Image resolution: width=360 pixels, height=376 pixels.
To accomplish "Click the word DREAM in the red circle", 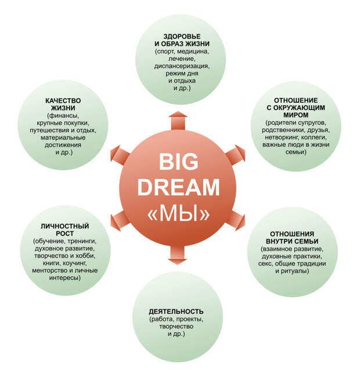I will (x=178, y=187).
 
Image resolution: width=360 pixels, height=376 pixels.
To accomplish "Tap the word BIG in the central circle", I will (x=178, y=160).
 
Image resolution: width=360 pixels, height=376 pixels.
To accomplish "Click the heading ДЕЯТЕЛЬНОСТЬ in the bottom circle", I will (x=176, y=311).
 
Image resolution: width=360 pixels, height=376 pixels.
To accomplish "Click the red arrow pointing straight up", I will (x=177, y=121).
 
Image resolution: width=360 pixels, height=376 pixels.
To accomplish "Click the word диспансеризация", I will (x=182, y=66).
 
